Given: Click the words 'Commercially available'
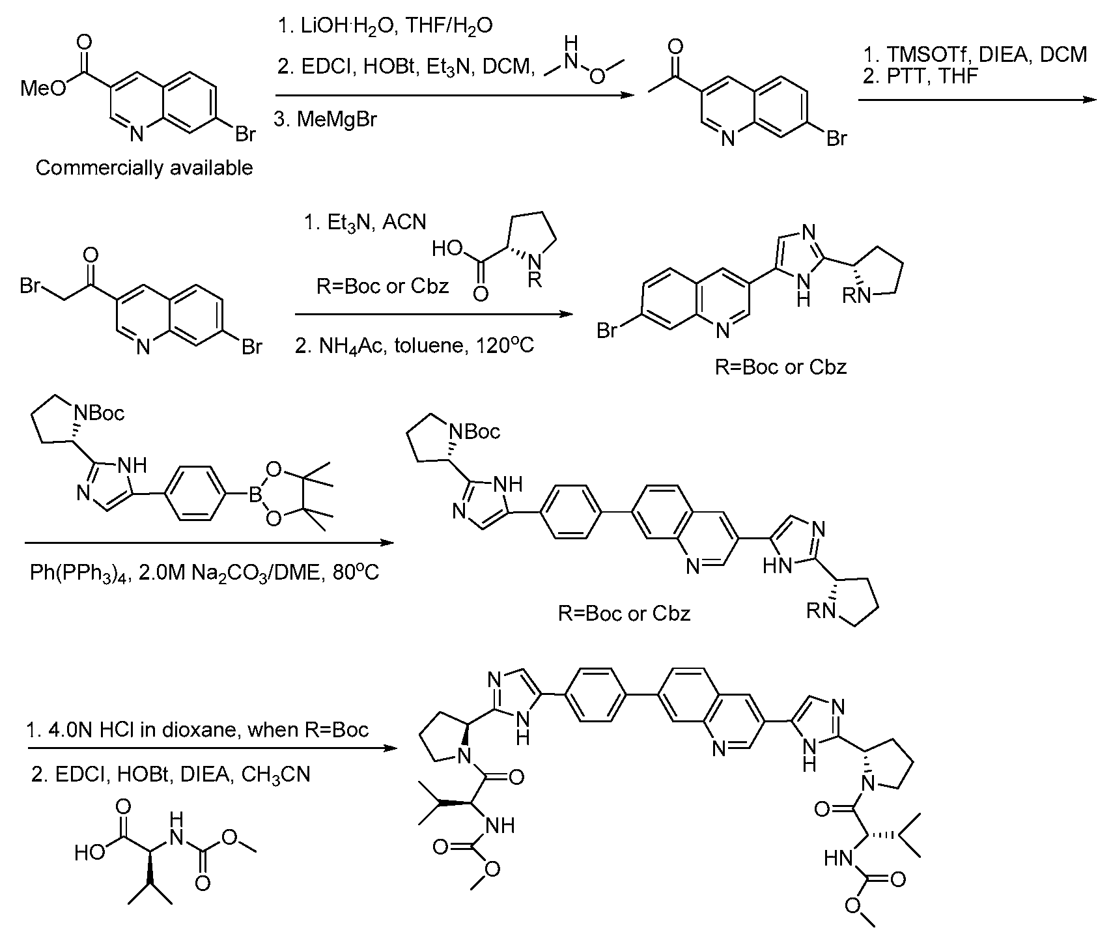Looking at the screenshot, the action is (144, 167).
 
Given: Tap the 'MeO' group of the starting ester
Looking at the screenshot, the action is (44, 89).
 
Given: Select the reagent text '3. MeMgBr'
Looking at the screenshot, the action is (325, 120).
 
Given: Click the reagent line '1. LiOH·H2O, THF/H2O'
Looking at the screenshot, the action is (384, 26).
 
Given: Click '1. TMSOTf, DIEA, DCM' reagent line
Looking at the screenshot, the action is (974, 54).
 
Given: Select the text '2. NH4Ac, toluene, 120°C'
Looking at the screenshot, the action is (415, 345).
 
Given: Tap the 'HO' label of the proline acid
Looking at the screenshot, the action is (446, 249).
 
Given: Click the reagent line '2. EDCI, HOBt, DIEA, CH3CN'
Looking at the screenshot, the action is (171, 774).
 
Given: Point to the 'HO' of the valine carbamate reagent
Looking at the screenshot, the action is (89, 852).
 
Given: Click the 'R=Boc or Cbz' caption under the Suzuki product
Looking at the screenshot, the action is (624, 613).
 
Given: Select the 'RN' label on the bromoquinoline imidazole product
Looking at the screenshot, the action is (855, 296).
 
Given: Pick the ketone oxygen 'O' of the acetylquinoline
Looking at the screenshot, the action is (675, 46).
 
